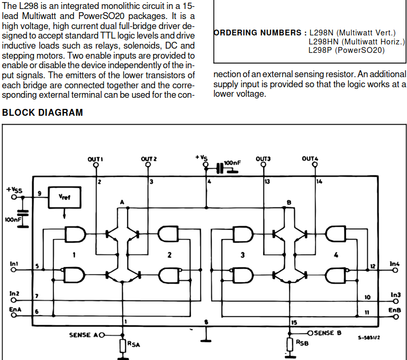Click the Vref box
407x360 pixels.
click(64, 198)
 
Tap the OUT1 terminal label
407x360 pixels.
click(95, 159)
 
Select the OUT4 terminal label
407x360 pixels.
click(310, 159)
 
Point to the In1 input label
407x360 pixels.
click(14, 263)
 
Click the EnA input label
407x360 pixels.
click(15, 310)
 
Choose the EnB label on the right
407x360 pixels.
click(395, 310)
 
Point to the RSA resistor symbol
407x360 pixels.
click(123, 346)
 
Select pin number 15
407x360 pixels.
click(294, 322)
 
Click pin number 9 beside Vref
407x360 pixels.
click(39, 193)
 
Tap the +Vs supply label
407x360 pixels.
click(201, 158)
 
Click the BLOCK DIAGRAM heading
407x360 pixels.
click(43, 113)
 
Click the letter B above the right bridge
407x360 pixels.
click(288, 202)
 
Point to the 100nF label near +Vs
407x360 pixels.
click(232, 163)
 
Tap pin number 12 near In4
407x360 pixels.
click(372, 266)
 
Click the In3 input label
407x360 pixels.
click(396, 294)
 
